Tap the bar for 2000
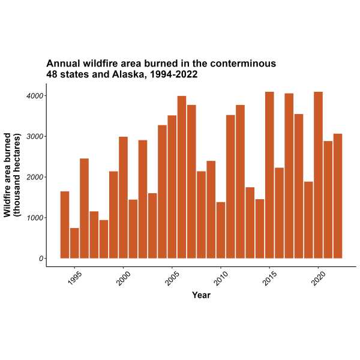click(123, 197)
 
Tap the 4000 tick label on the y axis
click(34, 95)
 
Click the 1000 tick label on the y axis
click(34, 218)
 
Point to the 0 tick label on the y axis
click(41, 259)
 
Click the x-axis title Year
click(201, 295)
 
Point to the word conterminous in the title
click(241, 63)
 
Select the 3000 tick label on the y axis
click(34, 136)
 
